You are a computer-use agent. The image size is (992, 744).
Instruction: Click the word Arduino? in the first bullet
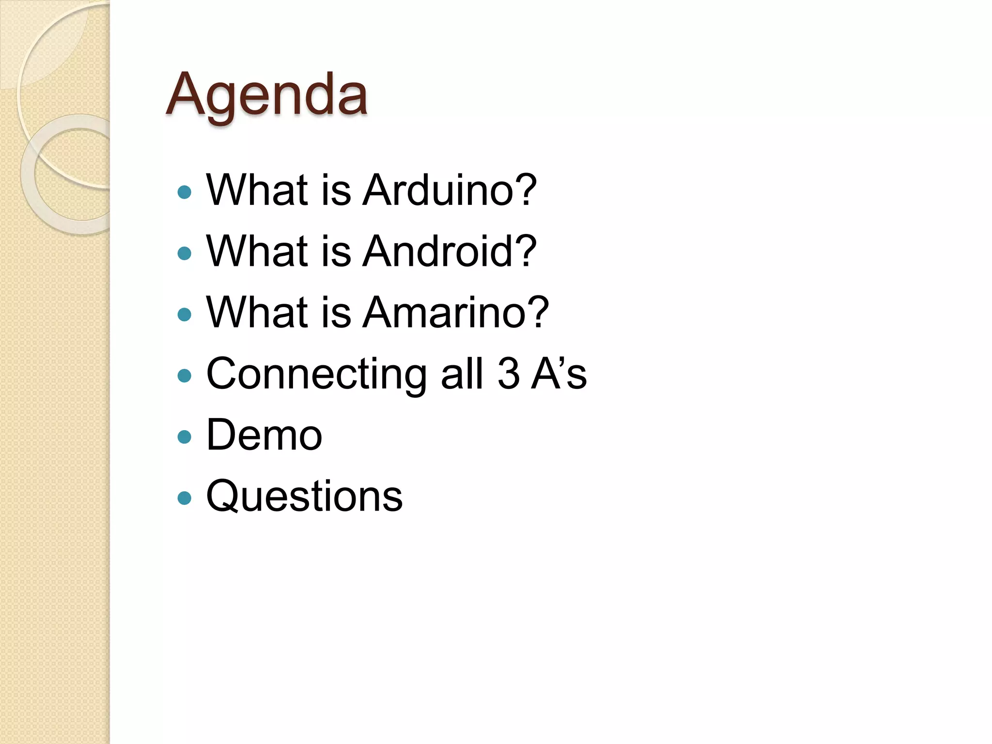449,190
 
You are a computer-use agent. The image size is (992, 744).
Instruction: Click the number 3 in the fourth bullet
509,374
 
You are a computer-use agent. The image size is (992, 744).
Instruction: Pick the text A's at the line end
559,374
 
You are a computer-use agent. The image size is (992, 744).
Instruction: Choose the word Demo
264,435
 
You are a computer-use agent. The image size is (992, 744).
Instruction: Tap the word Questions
304,496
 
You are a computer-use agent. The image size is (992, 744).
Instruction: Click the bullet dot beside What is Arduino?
185,192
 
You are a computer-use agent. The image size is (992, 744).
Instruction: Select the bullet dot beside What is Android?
185,253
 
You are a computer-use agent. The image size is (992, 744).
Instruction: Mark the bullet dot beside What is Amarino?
185,315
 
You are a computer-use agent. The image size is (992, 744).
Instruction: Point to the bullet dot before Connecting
185,376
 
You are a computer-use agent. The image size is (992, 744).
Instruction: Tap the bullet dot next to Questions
185,498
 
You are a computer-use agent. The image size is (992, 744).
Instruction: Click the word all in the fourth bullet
462,374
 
